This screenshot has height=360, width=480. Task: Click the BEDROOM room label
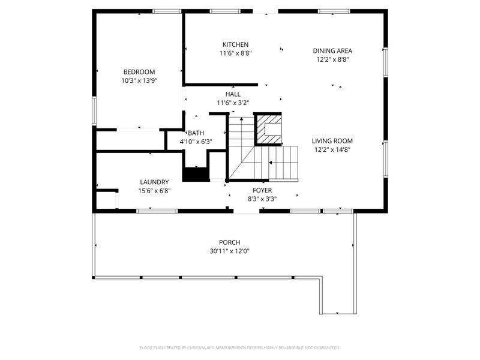click(x=139, y=72)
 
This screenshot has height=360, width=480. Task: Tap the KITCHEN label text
click(x=235, y=45)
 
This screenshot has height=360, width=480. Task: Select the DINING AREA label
click(x=332, y=51)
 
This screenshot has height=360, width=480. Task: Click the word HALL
click(x=233, y=95)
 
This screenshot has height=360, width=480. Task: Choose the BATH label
click(x=196, y=133)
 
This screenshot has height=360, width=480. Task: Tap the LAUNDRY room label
click(x=154, y=182)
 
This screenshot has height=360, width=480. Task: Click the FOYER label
click(x=262, y=191)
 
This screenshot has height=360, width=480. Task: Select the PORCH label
click(x=225, y=243)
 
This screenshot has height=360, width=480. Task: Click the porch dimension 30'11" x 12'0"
click(x=225, y=251)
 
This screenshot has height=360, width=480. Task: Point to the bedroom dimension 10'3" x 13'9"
click(x=139, y=80)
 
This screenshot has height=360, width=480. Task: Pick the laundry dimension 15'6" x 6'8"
click(x=154, y=191)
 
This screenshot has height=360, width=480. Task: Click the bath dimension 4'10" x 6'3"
click(x=196, y=142)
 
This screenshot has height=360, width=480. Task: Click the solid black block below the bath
click(x=195, y=175)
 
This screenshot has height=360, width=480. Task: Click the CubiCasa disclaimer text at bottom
click(x=240, y=347)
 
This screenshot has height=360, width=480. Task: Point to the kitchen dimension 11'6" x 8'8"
click(x=235, y=53)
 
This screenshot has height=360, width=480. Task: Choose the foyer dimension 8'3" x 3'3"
click(x=262, y=199)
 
